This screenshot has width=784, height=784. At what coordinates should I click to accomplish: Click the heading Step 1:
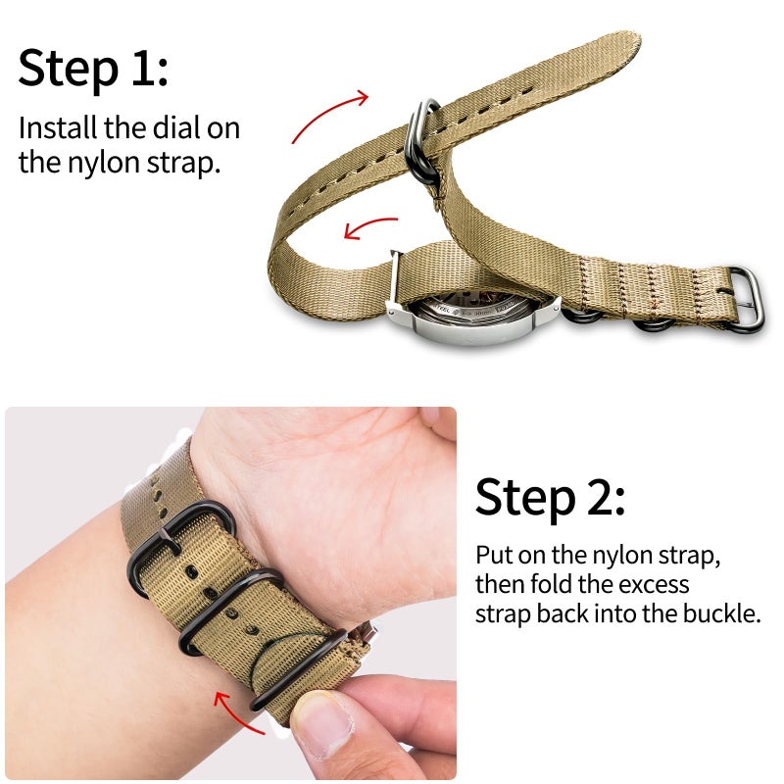coord(93,68)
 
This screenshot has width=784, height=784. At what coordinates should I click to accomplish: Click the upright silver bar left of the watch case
coord(394,284)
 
